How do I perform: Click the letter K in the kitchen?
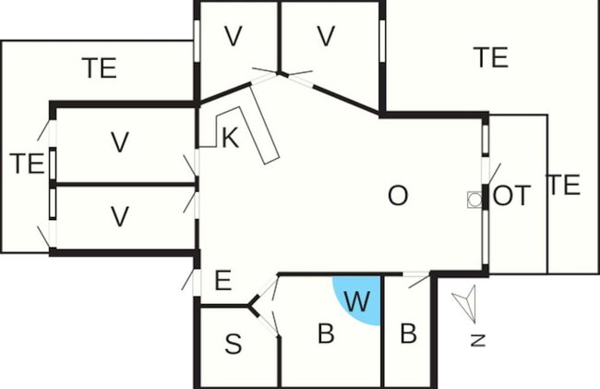point(231,138)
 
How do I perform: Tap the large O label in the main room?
point(398,196)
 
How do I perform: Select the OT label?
point(511,195)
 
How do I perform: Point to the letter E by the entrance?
point(223,280)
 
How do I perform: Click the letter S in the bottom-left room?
point(233,344)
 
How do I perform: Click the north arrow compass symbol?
point(465,304)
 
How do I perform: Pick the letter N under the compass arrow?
point(478,340)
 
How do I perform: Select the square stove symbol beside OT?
point(474,200)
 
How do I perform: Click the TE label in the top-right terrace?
point(491,57)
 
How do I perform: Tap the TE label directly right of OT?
point(564,185)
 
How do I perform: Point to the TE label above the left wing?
point(99,67)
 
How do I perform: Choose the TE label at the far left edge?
point(27,164)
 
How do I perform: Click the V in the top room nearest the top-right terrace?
point(326,36)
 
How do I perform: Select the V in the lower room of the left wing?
point(120,216)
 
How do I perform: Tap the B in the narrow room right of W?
point(408,334)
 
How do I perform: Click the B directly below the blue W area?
point(326,334)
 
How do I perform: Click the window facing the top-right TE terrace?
point(382,41)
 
